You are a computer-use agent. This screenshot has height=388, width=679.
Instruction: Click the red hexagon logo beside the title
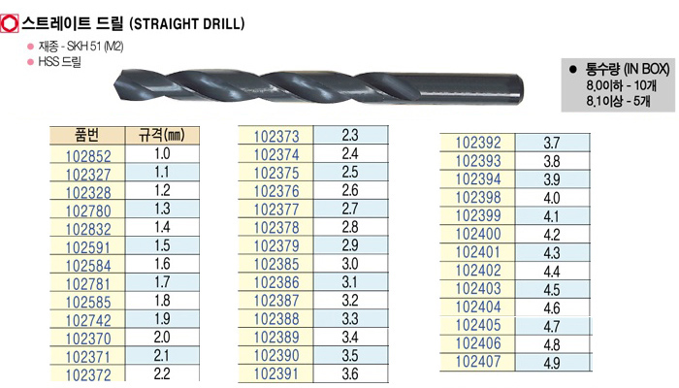tap(9, 23)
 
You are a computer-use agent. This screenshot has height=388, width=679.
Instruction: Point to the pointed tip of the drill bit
tap(116, 85)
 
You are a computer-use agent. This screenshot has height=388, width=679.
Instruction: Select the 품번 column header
tap(87, 136)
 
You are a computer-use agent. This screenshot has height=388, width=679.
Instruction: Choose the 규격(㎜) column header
tap(162, 136)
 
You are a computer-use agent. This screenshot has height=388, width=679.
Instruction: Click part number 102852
tap(88, 155)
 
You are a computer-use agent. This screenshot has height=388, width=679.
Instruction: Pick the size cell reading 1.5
tap(162, 245)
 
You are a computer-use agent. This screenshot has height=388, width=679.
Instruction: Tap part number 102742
tap(88, 320)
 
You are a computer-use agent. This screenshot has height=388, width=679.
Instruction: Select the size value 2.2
tap(162, 373)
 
